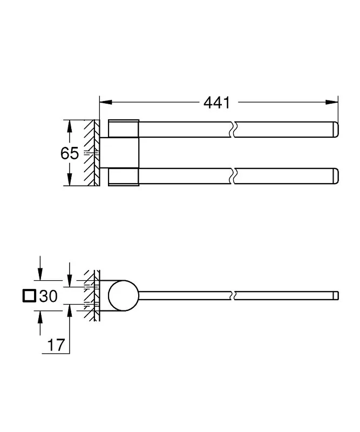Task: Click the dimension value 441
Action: point(216,102)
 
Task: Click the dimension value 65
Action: point(70,153)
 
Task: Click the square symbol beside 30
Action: point(29,296)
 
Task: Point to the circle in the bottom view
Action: point(123,296)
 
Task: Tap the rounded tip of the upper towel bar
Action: point(335,130)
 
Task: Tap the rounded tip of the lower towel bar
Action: point(335,176)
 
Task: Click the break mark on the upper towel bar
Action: point(233,130)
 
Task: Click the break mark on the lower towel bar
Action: point(233,176)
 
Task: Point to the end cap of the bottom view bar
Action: point(336,296)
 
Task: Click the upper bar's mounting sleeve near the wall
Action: point(124,129)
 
